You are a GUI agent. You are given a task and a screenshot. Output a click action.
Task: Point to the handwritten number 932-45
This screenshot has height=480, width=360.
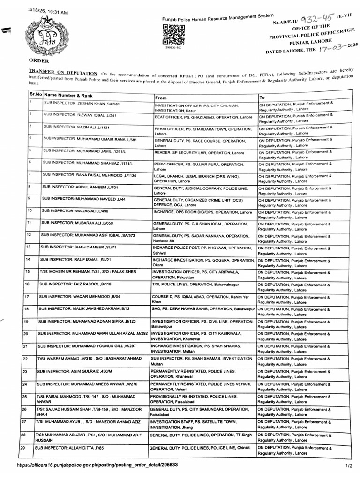[324, 20]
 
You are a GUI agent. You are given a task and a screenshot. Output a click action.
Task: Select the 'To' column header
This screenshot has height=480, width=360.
[262, 97]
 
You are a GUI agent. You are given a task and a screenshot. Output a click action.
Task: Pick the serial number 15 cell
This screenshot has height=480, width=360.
[28, 271]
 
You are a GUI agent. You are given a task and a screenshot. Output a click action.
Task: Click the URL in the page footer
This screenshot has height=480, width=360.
[97, 465]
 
